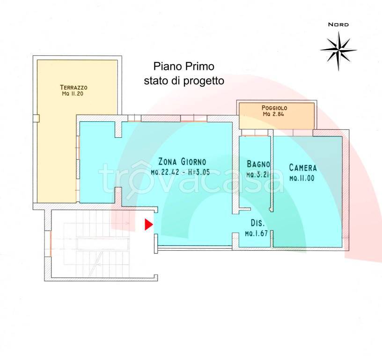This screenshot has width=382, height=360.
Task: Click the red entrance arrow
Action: coord(148,225)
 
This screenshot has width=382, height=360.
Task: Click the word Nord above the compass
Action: coord(338,24)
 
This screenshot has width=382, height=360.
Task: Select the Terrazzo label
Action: coord(73,87)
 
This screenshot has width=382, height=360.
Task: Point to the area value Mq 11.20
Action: coord(73,94)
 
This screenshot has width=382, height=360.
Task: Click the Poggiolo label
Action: coord(274,108)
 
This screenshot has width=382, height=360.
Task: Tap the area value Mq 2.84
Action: coord(273,114)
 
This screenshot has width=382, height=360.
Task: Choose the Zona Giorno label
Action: coord(182,162)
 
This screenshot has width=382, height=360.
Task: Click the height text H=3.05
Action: coord(199,172)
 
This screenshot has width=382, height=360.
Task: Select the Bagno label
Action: coord(258,164)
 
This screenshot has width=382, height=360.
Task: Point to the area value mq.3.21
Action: coord(257,175)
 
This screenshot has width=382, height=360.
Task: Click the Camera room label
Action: coord(303,167)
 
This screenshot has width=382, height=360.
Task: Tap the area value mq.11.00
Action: coord(302,178)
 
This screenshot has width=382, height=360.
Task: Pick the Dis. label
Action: coord(258,223)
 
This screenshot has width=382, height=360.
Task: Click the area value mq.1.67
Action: coord(256,233)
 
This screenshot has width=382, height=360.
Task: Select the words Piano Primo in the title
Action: coord(184,67)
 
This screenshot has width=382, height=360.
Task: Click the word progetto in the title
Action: coord(204,81)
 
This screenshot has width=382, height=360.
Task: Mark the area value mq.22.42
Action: coord(165,172)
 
